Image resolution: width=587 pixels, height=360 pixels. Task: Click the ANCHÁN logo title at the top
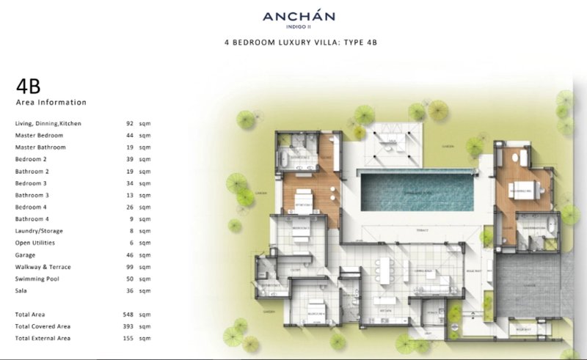pos(300,17)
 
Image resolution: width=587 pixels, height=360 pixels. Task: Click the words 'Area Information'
pos(51,103)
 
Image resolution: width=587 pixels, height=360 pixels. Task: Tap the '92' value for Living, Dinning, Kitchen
pos(129,123)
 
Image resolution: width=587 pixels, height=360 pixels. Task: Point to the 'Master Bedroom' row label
pos(39,136)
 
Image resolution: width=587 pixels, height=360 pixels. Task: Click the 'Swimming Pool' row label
pos(37,279)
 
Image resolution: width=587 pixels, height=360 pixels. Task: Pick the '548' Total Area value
pos(129,314)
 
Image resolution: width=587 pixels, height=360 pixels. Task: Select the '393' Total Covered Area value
pos(129,326)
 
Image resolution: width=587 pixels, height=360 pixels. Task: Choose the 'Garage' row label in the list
pos(26,255)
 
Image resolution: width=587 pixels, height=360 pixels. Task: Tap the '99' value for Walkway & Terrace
pos(129,267)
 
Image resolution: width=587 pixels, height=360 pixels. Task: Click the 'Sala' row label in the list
pos(21,290)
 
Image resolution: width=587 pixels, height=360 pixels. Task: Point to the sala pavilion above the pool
pos(393,144)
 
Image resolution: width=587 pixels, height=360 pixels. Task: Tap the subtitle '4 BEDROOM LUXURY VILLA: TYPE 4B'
pos(300,43)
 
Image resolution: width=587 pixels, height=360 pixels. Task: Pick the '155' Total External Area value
pos(129,338)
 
